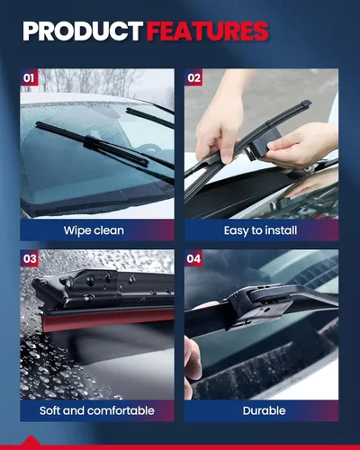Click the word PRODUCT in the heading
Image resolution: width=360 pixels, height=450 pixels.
[x=83, y=31]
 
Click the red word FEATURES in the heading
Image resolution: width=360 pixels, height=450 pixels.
[x=207, y=31]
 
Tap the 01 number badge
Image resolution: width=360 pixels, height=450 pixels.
[x=29, y=77]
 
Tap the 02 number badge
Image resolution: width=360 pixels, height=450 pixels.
[x=193, y=77]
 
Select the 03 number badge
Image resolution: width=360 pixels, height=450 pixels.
[x=30, y=258]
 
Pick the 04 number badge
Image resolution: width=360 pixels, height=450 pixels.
[x=193, y=258]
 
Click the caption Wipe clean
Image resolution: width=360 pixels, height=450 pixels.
[x=94, y=230]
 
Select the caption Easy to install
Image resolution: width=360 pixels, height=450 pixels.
[x=260, y=230]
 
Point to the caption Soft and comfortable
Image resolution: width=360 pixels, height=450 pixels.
[x=97, y=410]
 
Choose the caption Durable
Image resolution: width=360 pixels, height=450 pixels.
[x=264, y=410]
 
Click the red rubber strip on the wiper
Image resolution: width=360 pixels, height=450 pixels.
[x=108, y=319]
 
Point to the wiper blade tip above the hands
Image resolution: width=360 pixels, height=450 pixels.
[x=306, y=104]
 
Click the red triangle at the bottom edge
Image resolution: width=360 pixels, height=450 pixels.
[x=31, y=440]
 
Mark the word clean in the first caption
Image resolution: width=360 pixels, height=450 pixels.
[x=109, y=230]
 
